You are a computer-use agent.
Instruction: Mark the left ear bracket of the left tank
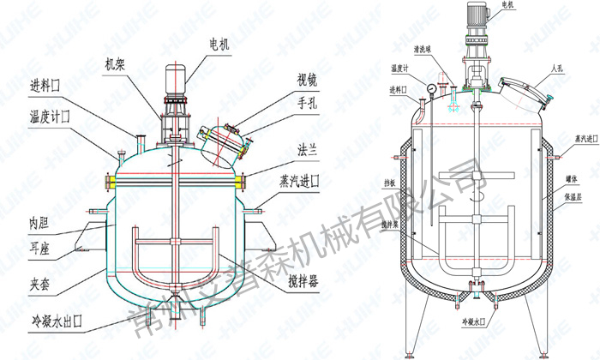94,233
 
